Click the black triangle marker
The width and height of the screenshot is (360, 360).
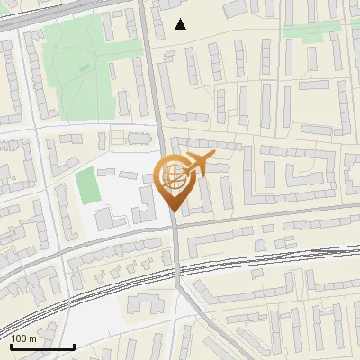[181, 24]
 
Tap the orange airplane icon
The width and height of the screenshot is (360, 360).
[199, 165]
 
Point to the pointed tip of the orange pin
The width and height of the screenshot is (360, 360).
[174, 211]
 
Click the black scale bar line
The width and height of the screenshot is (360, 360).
[42, 346]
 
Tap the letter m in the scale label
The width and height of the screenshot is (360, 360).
[32, 338]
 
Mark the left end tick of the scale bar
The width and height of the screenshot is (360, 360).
[11, 345]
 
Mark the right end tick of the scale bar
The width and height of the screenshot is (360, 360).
[74, 345]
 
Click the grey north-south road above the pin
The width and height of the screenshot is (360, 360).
[155, 90]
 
